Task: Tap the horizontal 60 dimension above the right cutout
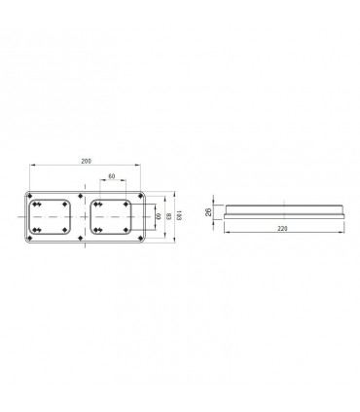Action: point(112,176)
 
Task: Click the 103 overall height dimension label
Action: point(180,215)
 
